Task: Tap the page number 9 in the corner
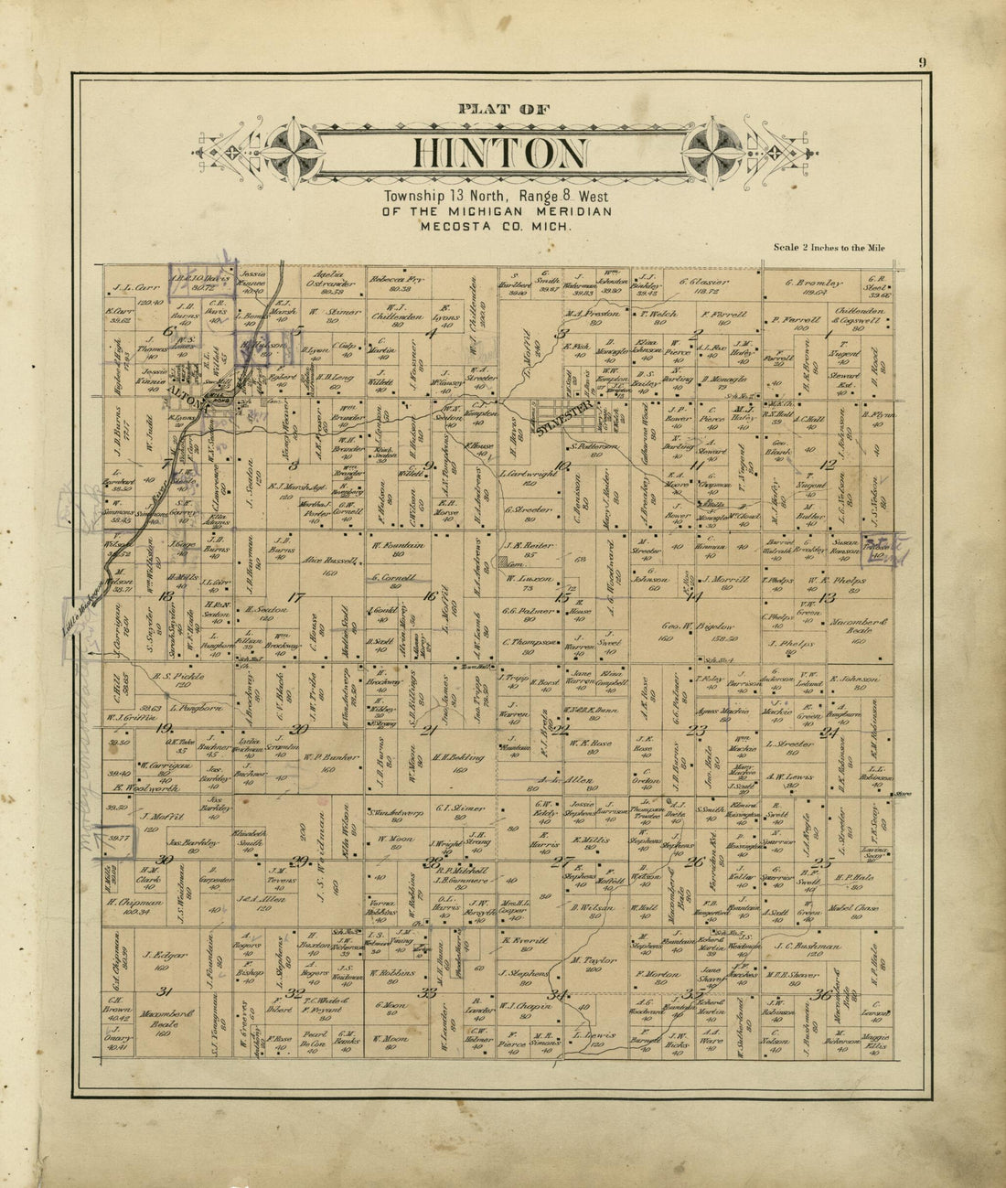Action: (924, 62)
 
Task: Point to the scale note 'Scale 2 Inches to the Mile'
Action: (829, 247)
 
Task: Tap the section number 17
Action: (294, 597)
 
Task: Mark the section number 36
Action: (826, 995)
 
